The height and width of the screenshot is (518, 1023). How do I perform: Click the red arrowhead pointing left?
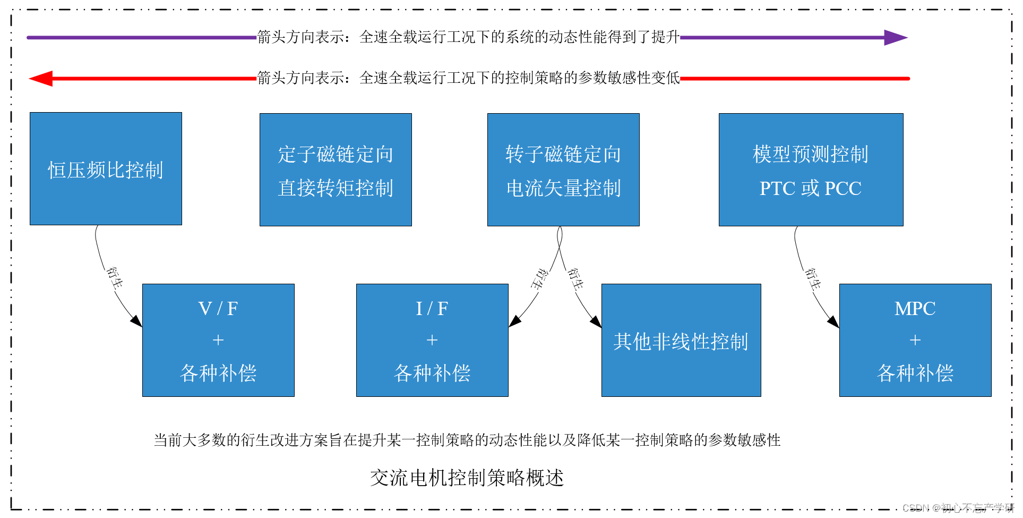pos(41,79)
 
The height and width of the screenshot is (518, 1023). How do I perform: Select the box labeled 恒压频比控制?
pos(106,169)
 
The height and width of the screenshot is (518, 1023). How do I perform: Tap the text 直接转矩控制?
pos(336,188)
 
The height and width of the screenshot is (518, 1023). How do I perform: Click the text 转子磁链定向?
pos(563,154)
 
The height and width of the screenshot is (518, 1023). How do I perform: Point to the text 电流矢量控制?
pos(563,188)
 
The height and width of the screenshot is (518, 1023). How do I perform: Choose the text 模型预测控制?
pos(810,154)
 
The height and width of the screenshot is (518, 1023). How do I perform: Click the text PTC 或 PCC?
pos(810,188)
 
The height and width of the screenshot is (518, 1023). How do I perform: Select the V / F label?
pos(218,308)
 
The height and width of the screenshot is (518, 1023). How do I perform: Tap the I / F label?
pos(432,308)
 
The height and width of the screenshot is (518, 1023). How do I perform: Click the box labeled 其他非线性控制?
pos(681,341)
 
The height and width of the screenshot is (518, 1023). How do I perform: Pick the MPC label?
pos(915,308)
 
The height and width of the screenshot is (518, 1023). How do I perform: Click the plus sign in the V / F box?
pos(218,340)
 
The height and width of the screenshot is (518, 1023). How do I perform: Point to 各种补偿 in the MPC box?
pos(915,373)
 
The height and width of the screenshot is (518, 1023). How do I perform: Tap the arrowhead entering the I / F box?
pos(514,321)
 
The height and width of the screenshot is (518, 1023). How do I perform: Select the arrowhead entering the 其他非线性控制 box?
pos(596,321)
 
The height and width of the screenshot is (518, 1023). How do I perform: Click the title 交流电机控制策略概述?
pos(467,477)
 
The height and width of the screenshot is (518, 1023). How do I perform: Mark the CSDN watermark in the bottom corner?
pos(958,508)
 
